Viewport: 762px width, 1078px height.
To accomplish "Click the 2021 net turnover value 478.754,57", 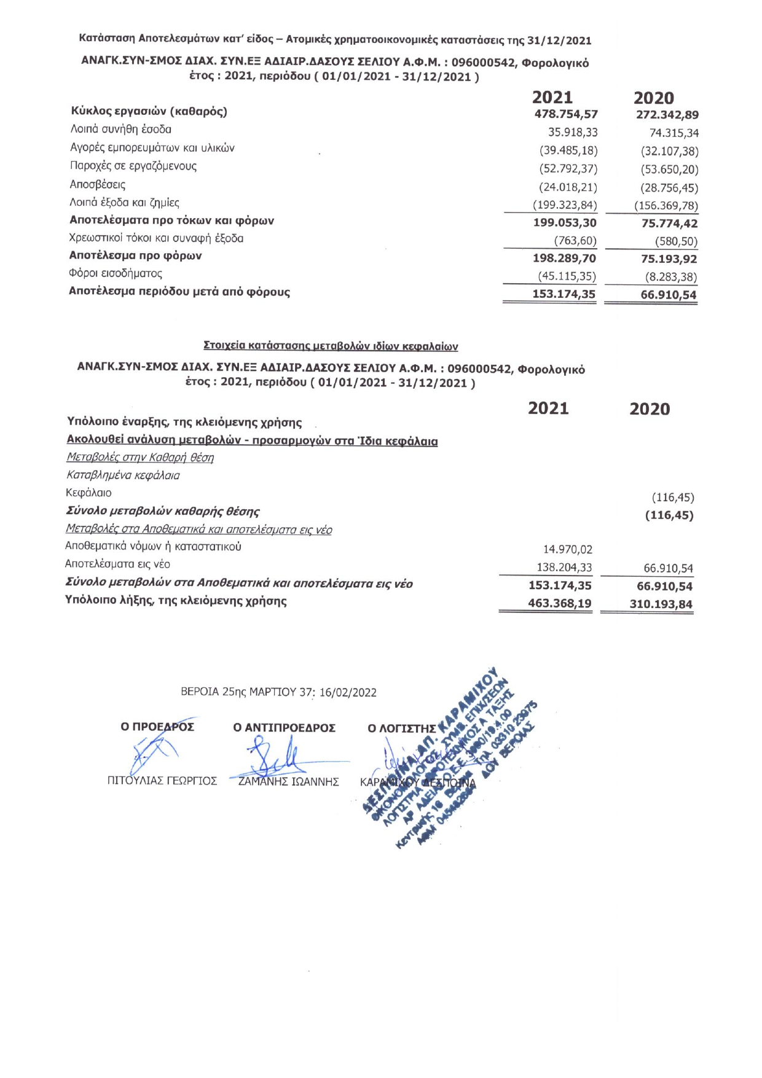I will click(566, 114).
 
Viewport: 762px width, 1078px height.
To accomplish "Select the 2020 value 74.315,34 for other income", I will click(674, 133).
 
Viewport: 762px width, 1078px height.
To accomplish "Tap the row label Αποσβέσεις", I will click(98, 184).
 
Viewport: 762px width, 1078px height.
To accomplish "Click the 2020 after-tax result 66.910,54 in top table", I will click(669, 295).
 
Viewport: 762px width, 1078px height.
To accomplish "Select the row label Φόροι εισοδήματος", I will click(116, 273).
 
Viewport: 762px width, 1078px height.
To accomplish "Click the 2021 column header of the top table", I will click(552, 98).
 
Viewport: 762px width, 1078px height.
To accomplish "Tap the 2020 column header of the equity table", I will click(650, 409).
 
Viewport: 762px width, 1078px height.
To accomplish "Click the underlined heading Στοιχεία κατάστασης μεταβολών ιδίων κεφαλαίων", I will click(330, 346).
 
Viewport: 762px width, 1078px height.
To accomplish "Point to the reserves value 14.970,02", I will click(568, 550).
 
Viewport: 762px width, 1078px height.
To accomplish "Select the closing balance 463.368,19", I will click(560, 604).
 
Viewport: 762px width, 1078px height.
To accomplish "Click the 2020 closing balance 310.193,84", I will click(661, 604).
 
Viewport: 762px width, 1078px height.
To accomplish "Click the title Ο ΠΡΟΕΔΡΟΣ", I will click(157, 727).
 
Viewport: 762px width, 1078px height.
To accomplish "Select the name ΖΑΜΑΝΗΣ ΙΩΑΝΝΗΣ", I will click(288, 782).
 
